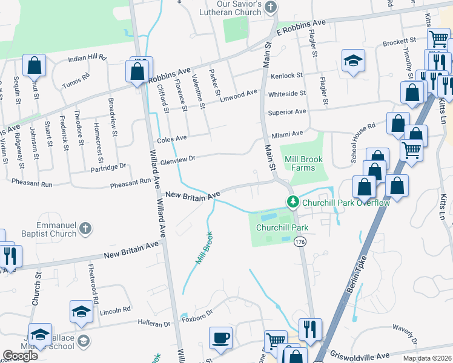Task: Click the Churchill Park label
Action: point(282,228)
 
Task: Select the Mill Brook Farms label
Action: point(303,163)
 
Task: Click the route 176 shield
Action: point(299,242)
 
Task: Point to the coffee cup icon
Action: point(220,336)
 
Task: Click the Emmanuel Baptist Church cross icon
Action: point(86,228)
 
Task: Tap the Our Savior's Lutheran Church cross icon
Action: point(271,8)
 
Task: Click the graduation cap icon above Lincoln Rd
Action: point(81,311)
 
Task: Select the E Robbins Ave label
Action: point(300,26)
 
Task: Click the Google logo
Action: point(20,356)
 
